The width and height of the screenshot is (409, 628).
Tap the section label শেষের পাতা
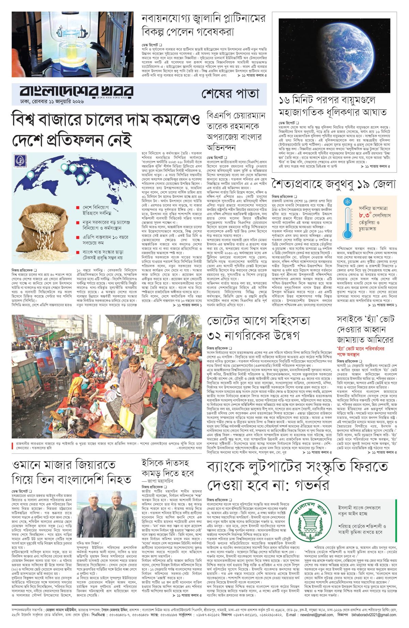230,93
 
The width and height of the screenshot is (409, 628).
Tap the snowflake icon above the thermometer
348,201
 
